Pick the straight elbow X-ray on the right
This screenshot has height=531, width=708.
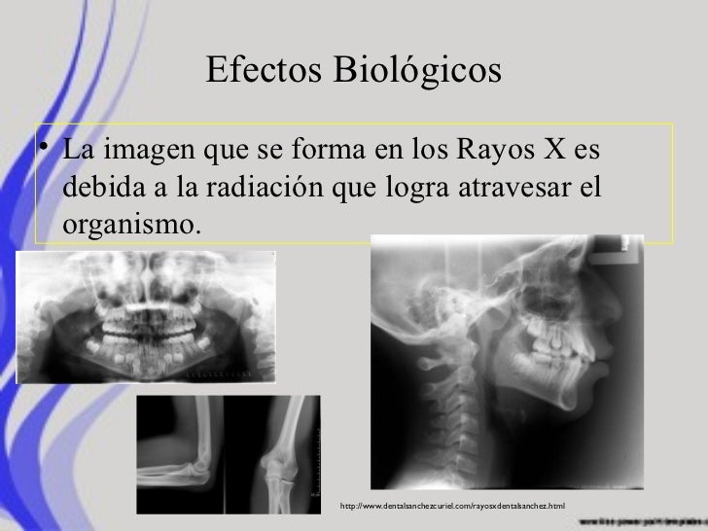pos(282,452)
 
